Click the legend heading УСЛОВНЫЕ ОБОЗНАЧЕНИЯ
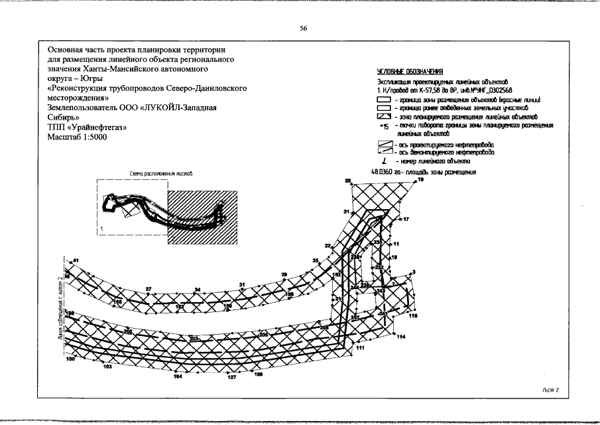coord(410,71)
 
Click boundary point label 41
coord(76,260)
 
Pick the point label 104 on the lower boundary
coord(177,377)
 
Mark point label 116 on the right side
coord(413,316)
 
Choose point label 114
coord(401,337)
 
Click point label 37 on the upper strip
coord(149,290)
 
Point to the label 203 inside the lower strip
coord(194,339)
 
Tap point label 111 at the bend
coord(361,347)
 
